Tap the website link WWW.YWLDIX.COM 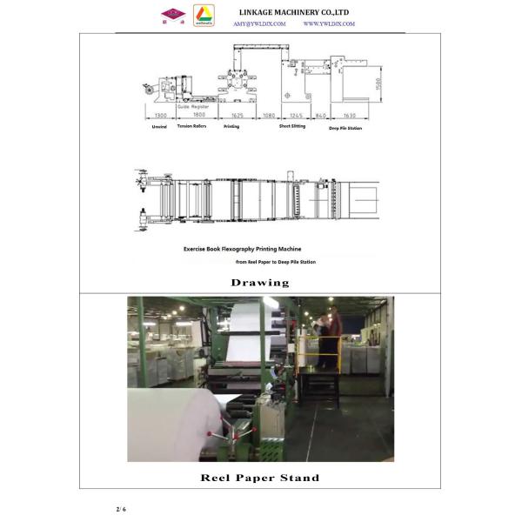329,24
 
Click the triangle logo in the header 203,15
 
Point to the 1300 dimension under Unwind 160,115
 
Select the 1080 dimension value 269,115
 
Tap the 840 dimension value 320,115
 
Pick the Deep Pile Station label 345,128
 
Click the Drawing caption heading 260,283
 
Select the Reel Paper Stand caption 260,478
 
